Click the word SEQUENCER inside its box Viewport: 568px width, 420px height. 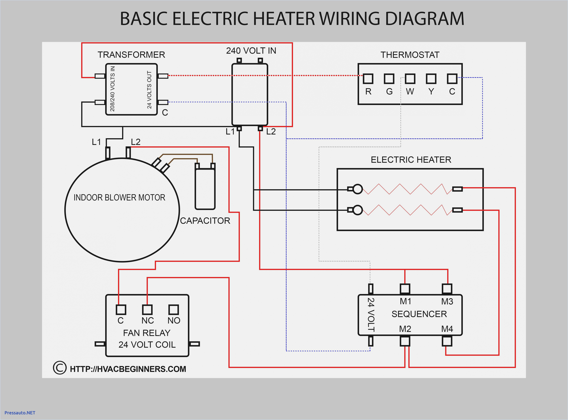[419, 314]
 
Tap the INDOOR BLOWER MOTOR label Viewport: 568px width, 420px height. [119, 197]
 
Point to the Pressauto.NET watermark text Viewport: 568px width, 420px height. [20, 413]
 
